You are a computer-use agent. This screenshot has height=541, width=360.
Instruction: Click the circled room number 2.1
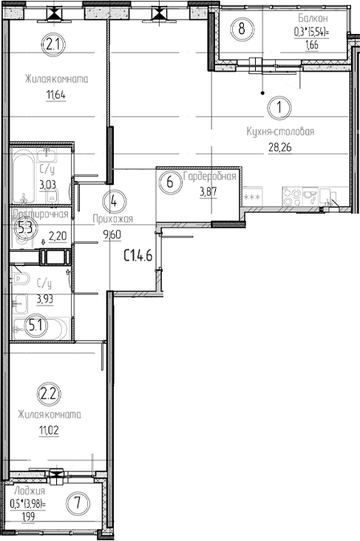52,45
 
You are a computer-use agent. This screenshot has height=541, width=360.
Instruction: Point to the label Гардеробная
211,176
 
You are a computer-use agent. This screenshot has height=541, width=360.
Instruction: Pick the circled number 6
170,183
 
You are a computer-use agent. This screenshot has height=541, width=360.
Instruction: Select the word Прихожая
112,219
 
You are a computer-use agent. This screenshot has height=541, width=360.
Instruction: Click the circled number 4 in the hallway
113,200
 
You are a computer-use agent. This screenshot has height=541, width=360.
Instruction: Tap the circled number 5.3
25,228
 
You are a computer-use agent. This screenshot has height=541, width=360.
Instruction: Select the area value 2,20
57,237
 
